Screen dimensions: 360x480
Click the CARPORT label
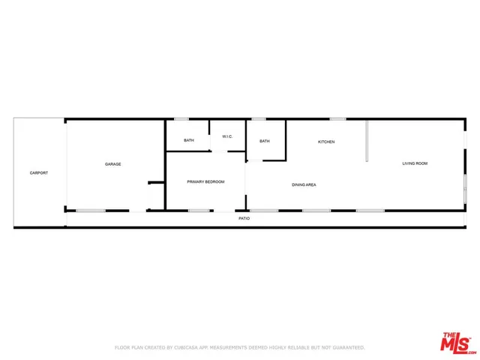click(39, 173)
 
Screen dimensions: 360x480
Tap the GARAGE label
click(113, 164)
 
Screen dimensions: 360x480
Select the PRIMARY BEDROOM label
click(205, 181)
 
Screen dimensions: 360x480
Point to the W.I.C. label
click(227, 136)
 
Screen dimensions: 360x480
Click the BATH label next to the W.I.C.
click(189, 140)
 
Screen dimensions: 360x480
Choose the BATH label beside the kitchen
click(265, 140)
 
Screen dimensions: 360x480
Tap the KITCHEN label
click(326, 142)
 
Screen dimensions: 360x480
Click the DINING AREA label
click(304, 184)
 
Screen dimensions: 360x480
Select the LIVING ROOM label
click(415, 163)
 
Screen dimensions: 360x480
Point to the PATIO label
click(244, 218)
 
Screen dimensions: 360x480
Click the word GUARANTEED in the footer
click(348, 347)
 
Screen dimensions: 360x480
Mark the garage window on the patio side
click(90, 210)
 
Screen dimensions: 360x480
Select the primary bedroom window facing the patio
click(199, 210)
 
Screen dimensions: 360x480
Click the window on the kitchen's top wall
click(337, 118)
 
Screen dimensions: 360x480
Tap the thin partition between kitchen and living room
click(367, 140)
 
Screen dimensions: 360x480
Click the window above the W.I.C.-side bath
click(181, 118)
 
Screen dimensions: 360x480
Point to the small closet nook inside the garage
click(156, 196)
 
